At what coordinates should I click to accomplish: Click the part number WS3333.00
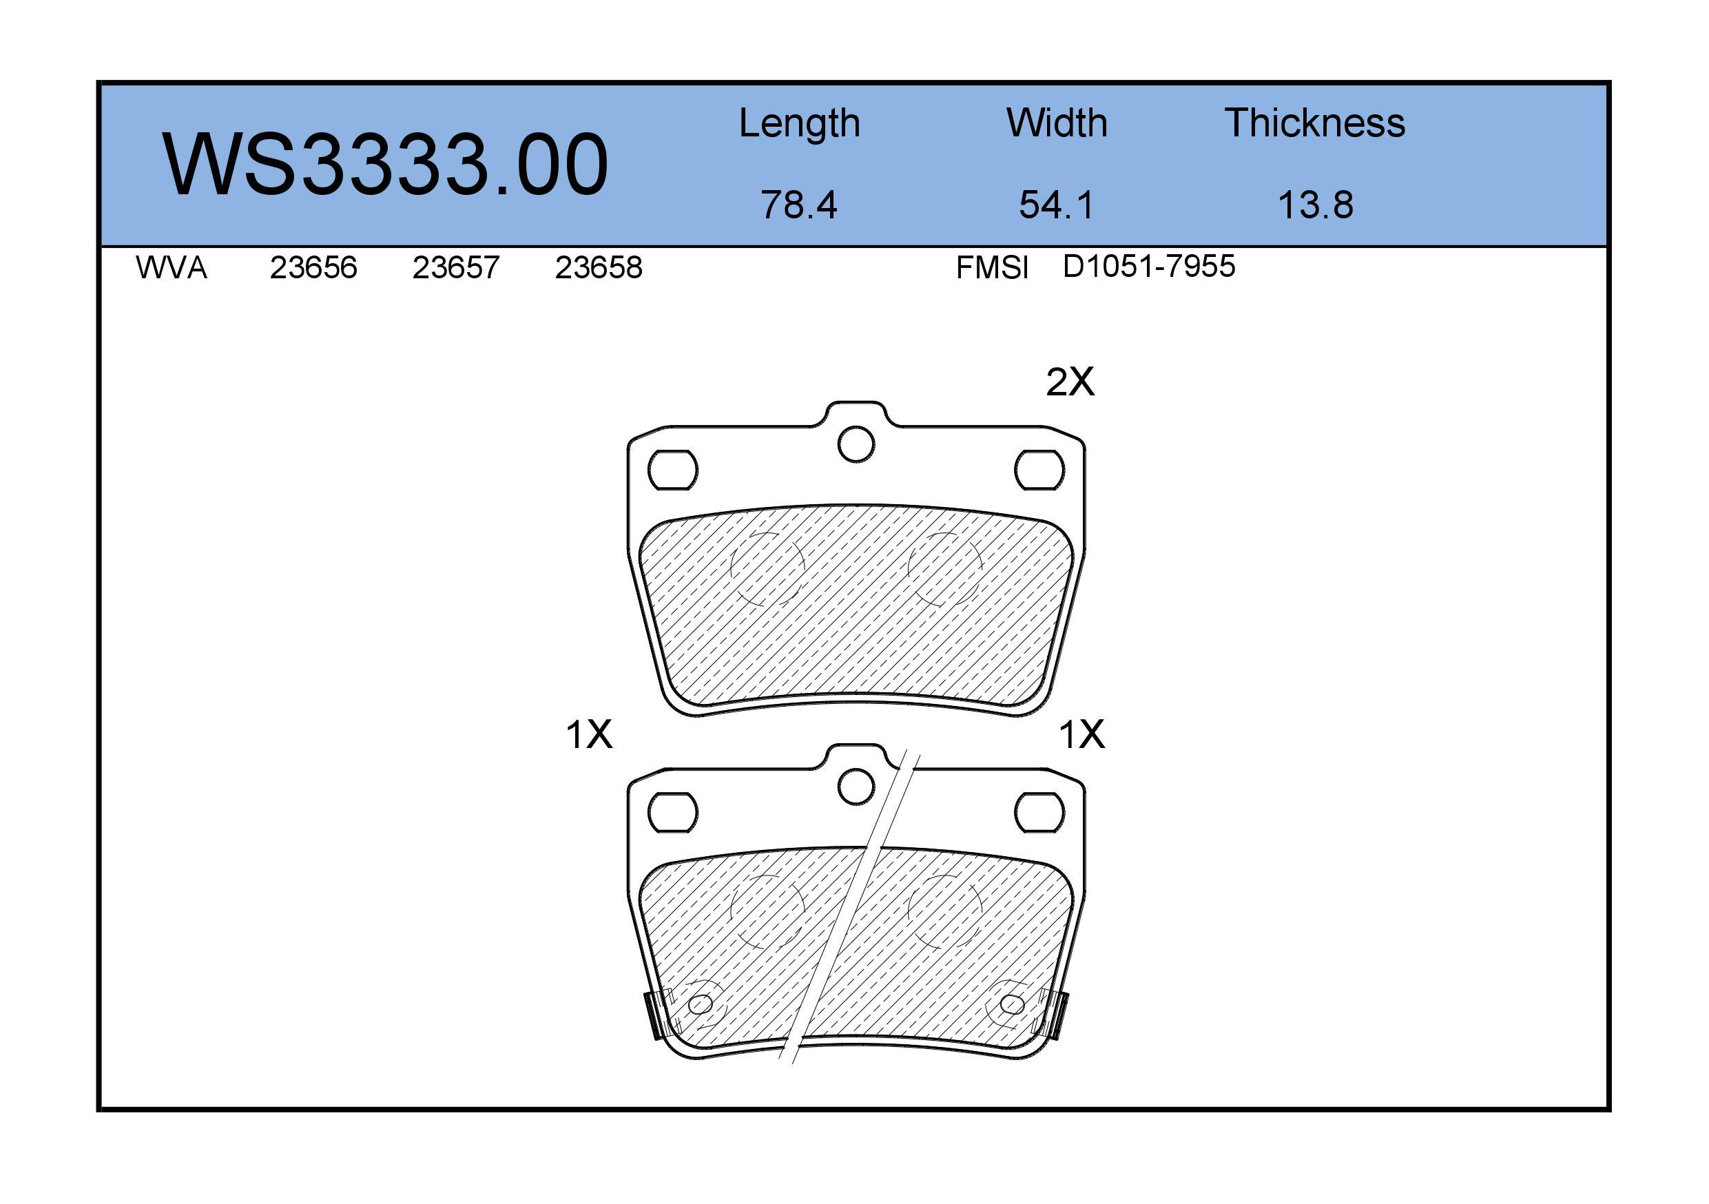pyautogui.click(x=386, y=165)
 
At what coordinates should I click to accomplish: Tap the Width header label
pyautogui.click(x=1056, y=123)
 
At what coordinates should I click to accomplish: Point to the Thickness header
pyautogui.click(x=1314, y=123)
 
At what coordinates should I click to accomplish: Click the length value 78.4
pyautogui.click(x=798, y=205)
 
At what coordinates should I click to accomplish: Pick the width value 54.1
pyautogui.click(x=1056, y=205)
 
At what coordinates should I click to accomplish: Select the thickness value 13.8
pyautogui.click(x=1315, y=205)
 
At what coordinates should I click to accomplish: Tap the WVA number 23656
pyautogui.click(x=313, y=268)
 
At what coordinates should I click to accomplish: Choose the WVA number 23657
pyautogui.click(x=455, y=268)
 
